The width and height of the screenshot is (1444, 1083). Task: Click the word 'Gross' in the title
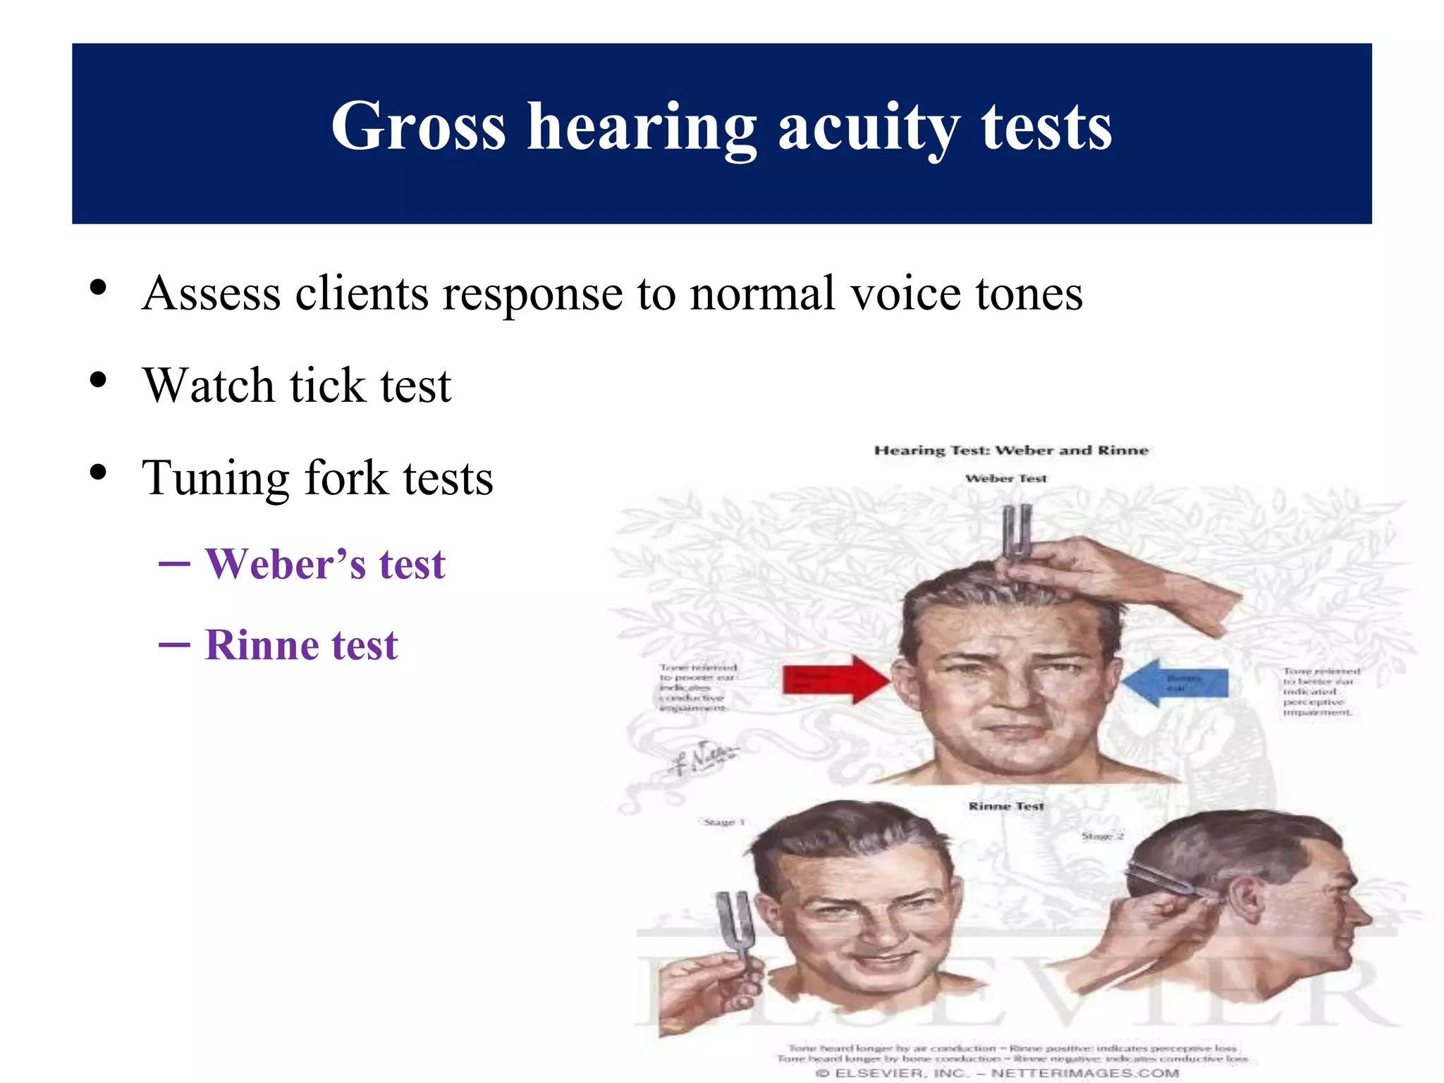coord(418,127)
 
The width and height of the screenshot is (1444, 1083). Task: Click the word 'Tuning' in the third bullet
coord(216,478)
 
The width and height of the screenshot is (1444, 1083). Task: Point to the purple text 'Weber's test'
coord(324,565)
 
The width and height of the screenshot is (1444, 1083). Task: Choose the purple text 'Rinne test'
coord(301,645)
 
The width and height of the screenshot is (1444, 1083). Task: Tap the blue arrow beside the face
coord(1175,682)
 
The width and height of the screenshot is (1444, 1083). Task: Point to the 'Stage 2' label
coord(1102,836)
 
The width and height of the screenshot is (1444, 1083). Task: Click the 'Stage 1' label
coord(724,822)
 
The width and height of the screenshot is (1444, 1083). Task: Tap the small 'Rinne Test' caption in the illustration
coord(1005,806)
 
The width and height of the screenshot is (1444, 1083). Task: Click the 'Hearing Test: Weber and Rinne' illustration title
coord(1011,451)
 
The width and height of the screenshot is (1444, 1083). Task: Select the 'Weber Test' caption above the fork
coord(1005,479)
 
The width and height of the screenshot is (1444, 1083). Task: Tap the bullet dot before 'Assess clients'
coord(98,288)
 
